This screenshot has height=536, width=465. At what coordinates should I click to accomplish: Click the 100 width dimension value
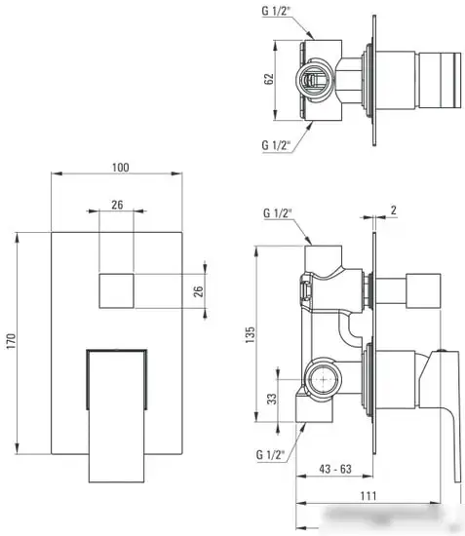[120, 169]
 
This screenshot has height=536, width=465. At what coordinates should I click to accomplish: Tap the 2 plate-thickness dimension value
[393, 211]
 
